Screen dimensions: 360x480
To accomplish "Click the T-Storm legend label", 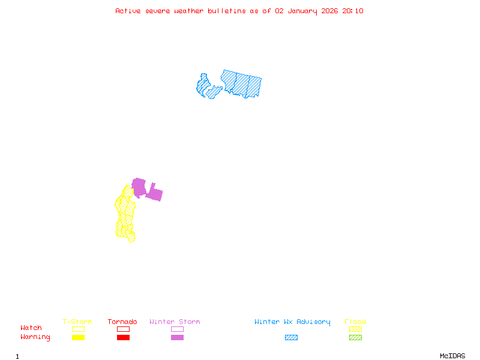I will point(77,322).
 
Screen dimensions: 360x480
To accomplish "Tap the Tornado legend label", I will point(122,322).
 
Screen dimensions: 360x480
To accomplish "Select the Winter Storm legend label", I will point(175,322).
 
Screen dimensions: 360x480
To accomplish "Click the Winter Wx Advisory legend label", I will point(292,322).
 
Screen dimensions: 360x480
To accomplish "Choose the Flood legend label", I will point(355,322).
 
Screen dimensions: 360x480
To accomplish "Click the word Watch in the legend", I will point(31,328).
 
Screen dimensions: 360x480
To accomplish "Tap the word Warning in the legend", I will point(35,337).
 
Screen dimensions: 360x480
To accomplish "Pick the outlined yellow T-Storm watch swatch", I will point(78,329).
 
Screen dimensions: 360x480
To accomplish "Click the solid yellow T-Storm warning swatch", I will point(78,338).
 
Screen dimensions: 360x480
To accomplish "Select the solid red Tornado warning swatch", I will point(123,338).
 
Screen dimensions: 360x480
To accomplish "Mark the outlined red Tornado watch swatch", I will point(123,329).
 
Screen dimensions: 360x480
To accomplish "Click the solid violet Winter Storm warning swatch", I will point(177,338).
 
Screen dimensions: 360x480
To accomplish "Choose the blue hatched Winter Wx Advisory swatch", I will point(291,338).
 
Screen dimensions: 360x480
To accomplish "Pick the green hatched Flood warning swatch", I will point(355,338).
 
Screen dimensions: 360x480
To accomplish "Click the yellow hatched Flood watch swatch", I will point(355,329).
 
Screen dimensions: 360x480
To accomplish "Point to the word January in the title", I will point(302,11).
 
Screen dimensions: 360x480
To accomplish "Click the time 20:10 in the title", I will point(353,11).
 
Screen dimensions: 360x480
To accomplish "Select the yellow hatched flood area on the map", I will point(125,216).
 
